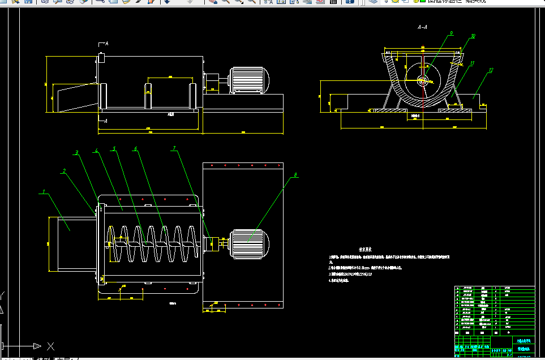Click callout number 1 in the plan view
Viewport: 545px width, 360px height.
(x=43, y=192)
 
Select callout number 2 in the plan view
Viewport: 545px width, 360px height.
(x=65, y=170)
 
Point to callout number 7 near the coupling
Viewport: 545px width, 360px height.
(x=174, y=148)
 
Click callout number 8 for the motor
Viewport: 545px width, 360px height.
(x=295, y=175)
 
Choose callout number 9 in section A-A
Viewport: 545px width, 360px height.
(x=451, y=34)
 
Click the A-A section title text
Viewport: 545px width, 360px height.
(x=422, y=27)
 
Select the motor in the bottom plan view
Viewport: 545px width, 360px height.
(x=250, y=243)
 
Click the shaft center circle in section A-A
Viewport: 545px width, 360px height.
(x=423, y=82)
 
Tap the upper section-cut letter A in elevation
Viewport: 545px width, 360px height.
(x=106, y=44)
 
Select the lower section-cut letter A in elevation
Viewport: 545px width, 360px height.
(x=106, y=120)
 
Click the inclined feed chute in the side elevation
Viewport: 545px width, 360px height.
(x=72, y=97)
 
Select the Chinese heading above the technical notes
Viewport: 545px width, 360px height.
(x=365, y=248)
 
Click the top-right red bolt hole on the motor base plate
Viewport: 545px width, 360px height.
(x=278, y=166)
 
